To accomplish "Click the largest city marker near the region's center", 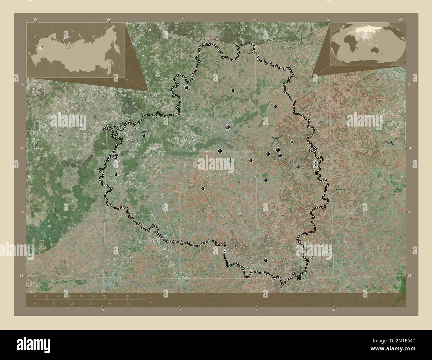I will pyautogui.click(x=227, y=127).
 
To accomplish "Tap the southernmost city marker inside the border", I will pyautogui.click(x=266, y=260).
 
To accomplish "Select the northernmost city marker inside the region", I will pyautogui.click(x=186, y=87).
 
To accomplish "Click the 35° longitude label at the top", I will pyautogui.click(x=35, y=19).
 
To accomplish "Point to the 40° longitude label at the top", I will pyautogui.click(x=401, y=19).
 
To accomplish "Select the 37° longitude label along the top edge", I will pyautogui.click(x=181, y=19).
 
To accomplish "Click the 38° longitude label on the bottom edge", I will pyautogui.click(x=257, y=310).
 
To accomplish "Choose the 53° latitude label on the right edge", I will pyautogui.click(x=409, y=275).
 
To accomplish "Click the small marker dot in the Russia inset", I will pyautogui.click(x=41, y=47).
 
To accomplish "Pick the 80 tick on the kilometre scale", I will pyautogui.click(x=128, y=296).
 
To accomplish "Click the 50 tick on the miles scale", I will pyautogui.click(x=128, y=304).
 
